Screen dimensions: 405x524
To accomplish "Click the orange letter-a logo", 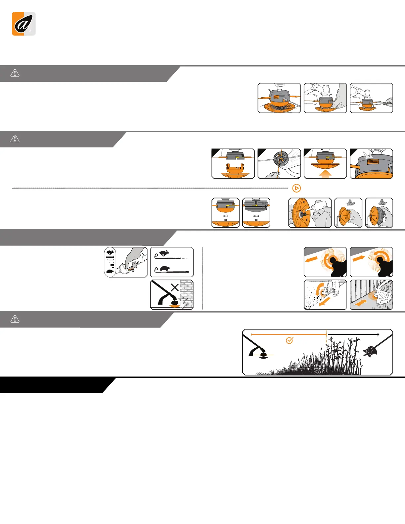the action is click(x=23, y=24).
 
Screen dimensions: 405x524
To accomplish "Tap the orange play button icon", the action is click(x=297, y=188).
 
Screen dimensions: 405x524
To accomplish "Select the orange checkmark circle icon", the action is click(x=289, y=340).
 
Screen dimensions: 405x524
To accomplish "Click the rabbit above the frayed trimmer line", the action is click(x=163, y=254).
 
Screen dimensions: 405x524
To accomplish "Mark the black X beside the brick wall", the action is click(x=175, y=287).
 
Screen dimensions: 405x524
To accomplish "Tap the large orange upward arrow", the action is click(x=325, y=174).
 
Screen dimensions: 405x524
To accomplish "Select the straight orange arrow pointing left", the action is click(x=311, y=260).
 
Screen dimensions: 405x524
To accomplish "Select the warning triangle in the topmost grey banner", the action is click(x=15, y=73).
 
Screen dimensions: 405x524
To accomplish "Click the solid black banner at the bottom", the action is click(x=53, y=385).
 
